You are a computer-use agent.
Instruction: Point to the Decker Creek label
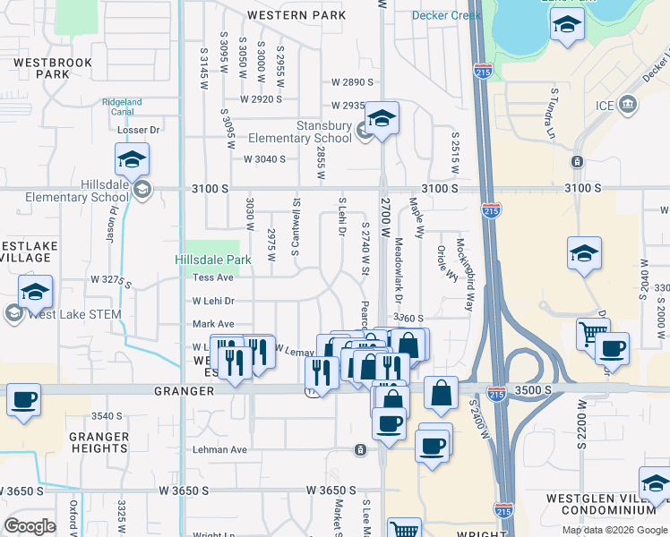447,15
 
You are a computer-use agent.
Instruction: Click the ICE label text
606,106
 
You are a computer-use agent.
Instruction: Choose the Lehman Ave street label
219,450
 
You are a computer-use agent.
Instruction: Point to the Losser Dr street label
139,130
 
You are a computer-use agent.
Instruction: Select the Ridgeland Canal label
122,107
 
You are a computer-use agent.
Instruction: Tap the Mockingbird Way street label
468,274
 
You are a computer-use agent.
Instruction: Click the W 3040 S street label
264,159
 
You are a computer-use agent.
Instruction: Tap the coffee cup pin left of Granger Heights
24,400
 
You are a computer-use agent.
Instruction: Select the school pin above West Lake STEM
36,292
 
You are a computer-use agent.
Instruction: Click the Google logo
30,525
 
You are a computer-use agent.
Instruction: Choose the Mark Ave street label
213,324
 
